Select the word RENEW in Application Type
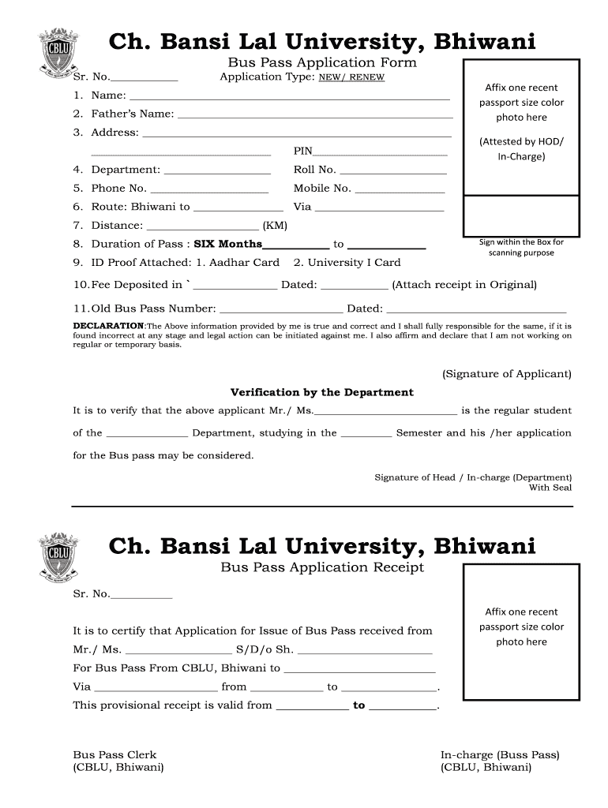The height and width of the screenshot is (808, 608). (x=366, y=77)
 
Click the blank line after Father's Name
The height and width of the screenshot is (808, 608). (x=315, y=115)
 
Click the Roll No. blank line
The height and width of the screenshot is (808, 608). (x=392, y=171)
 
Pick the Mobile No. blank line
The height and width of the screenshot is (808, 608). (x=400, y=190)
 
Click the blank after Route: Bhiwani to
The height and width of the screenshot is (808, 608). (x=227, y=208)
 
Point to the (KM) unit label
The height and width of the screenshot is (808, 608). (x=275, y=226)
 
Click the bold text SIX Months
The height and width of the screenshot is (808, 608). (x=228, y=245)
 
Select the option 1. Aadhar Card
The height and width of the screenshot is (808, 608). (x=238, y=263)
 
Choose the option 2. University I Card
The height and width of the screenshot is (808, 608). (x=347, y=263)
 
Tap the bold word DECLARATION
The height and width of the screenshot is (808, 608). (x=108, y=326)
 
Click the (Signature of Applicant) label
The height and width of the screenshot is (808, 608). (x=506, y=374)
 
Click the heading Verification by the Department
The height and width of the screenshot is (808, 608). (x=321, y=392)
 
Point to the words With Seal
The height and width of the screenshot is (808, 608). (x=550, y=488)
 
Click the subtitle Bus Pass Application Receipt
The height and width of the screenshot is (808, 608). (x=321, y=568)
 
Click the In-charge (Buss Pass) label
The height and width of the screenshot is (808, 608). (x=499, y=755)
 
